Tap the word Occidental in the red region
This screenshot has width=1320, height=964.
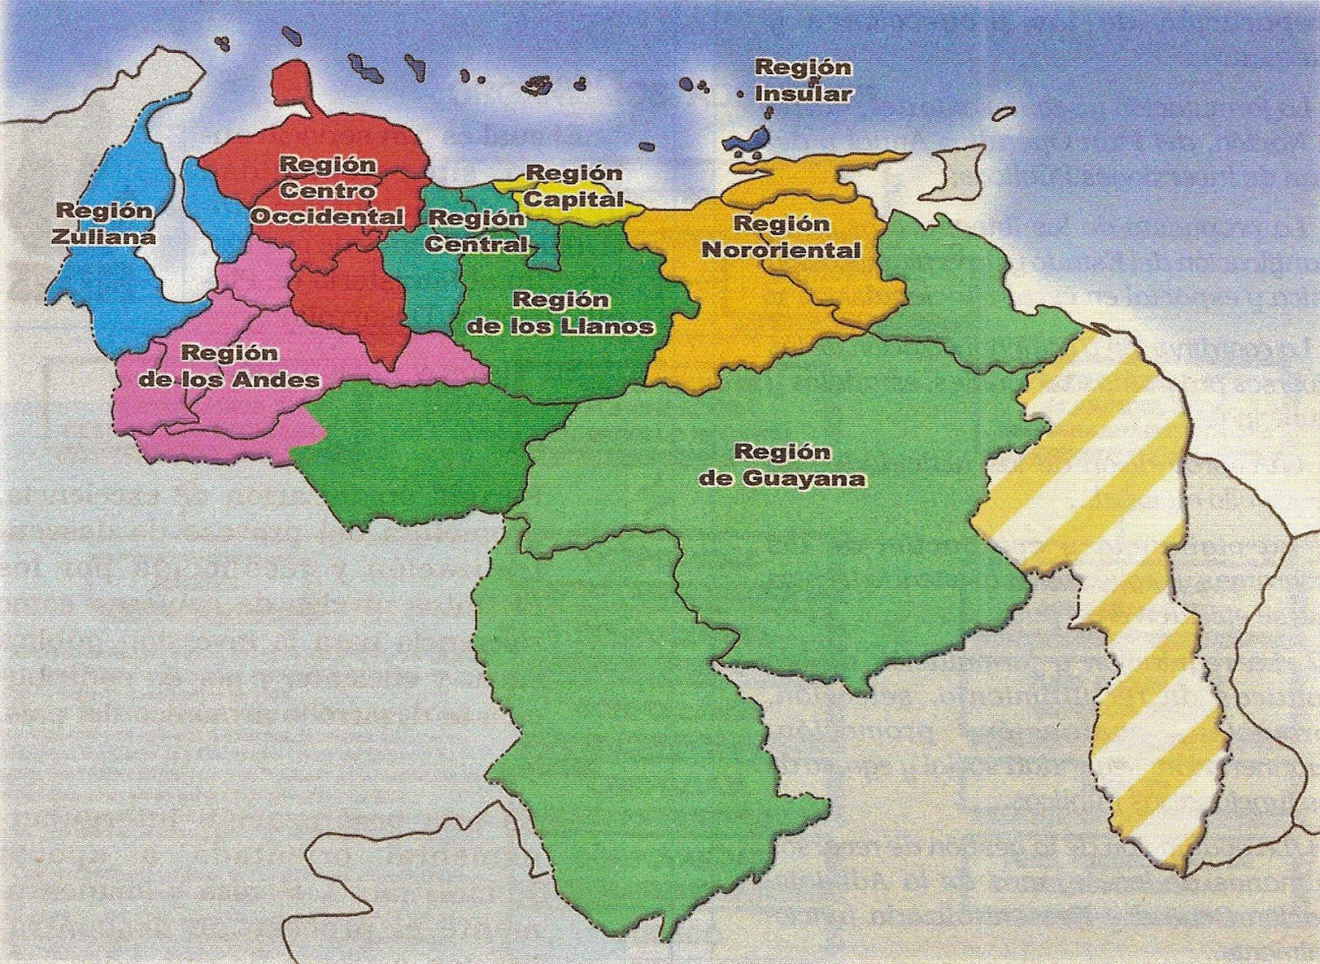coord(327,217)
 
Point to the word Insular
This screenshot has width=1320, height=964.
coord(804,93)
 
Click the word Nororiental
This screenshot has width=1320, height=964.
coord(781,249)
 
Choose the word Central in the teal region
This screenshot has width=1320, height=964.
coord(476,244)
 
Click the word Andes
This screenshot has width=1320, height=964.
coord(276,379)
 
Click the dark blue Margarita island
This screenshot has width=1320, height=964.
coord(749,137)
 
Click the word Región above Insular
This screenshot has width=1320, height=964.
coord(792,67)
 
